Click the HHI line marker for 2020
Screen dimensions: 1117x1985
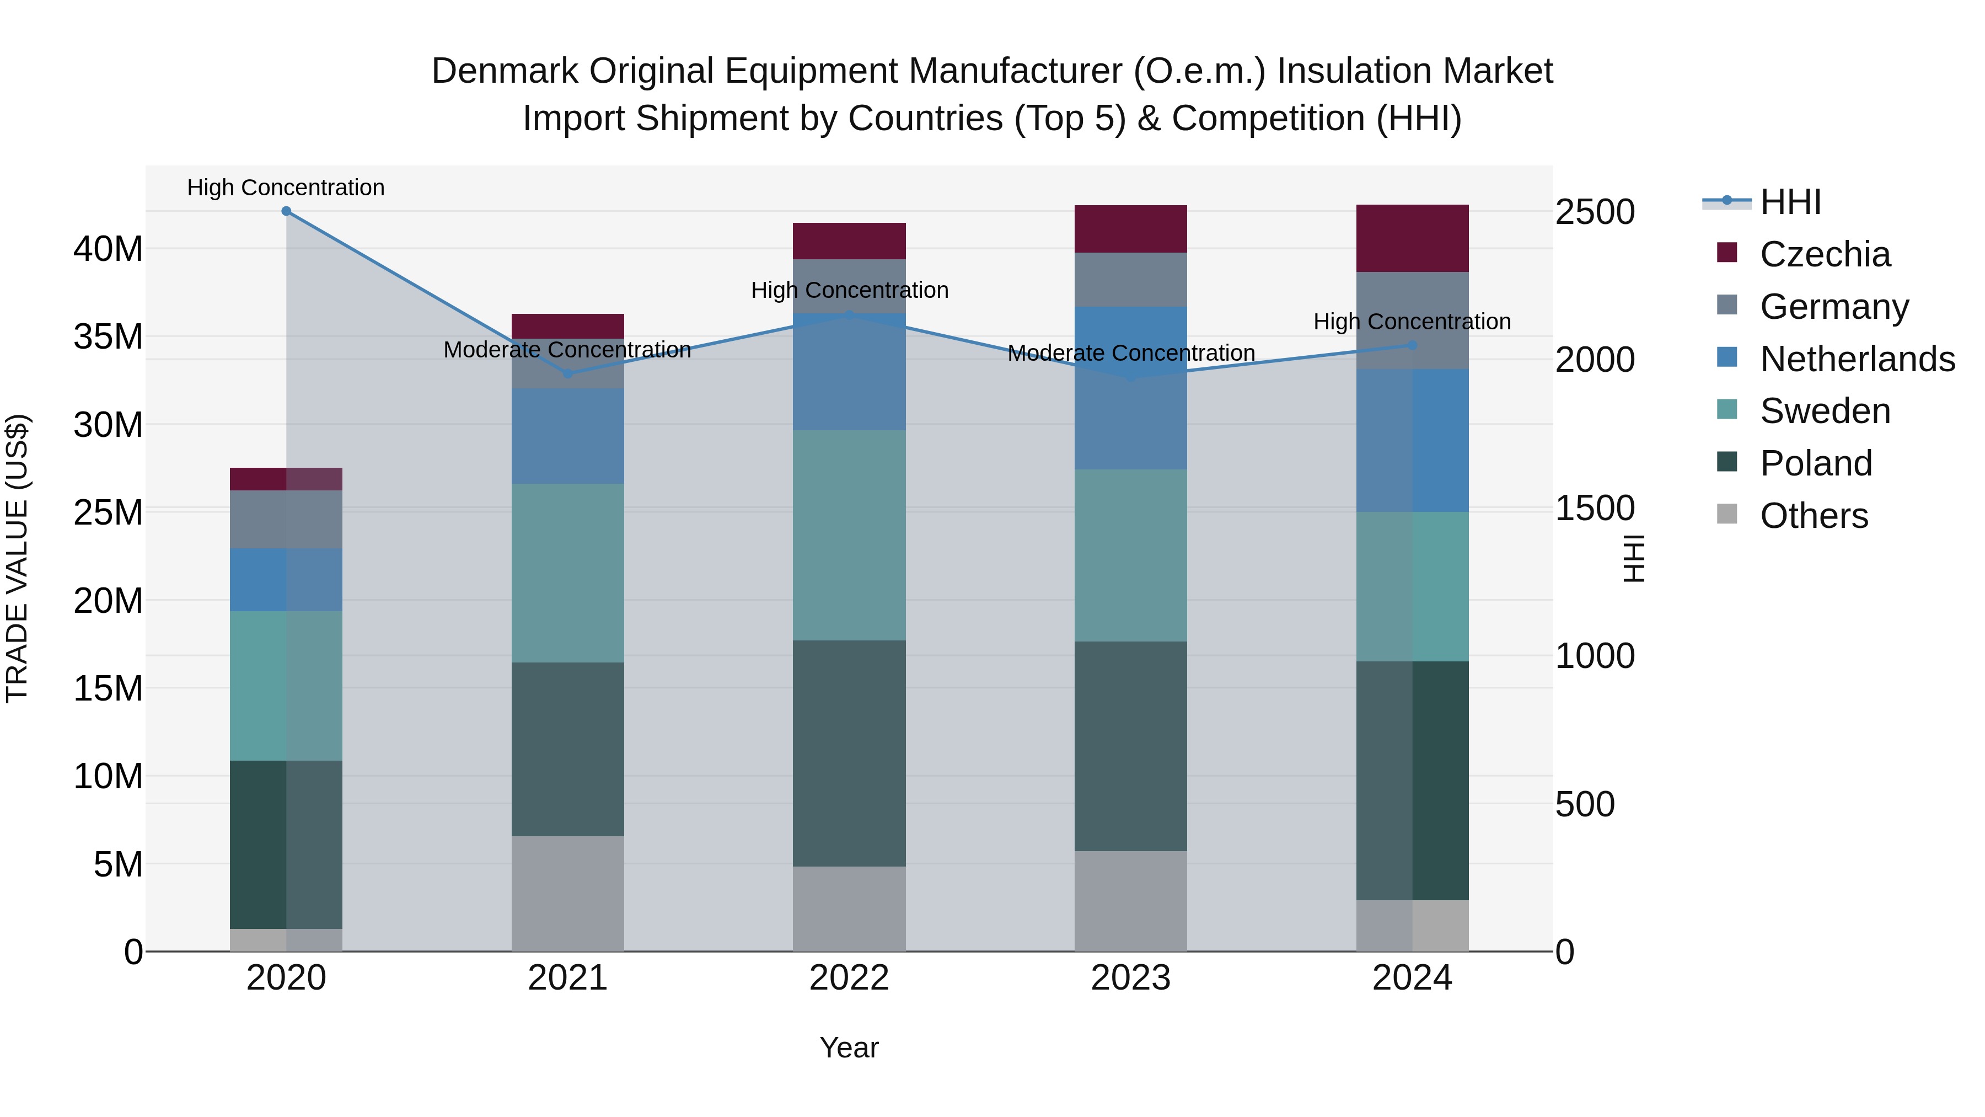286,211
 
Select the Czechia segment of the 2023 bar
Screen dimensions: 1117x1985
1130,229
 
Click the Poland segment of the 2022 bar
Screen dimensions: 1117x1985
849,753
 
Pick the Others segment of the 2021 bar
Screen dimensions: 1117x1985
567,894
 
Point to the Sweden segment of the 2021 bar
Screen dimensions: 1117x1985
567,573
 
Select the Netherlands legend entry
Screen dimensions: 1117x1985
1857,359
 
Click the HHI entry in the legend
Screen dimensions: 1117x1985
1790,202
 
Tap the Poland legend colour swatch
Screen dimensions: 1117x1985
1727,463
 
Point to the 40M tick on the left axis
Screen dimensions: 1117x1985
108,249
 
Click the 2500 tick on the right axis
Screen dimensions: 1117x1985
1594,212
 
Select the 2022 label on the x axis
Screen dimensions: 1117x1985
849,978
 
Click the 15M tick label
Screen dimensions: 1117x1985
108,688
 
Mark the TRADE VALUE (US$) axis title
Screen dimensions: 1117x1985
17,558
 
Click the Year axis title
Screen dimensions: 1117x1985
849,1047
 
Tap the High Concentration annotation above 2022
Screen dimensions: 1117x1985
849,291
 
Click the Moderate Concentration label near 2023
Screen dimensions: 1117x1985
1130,353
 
